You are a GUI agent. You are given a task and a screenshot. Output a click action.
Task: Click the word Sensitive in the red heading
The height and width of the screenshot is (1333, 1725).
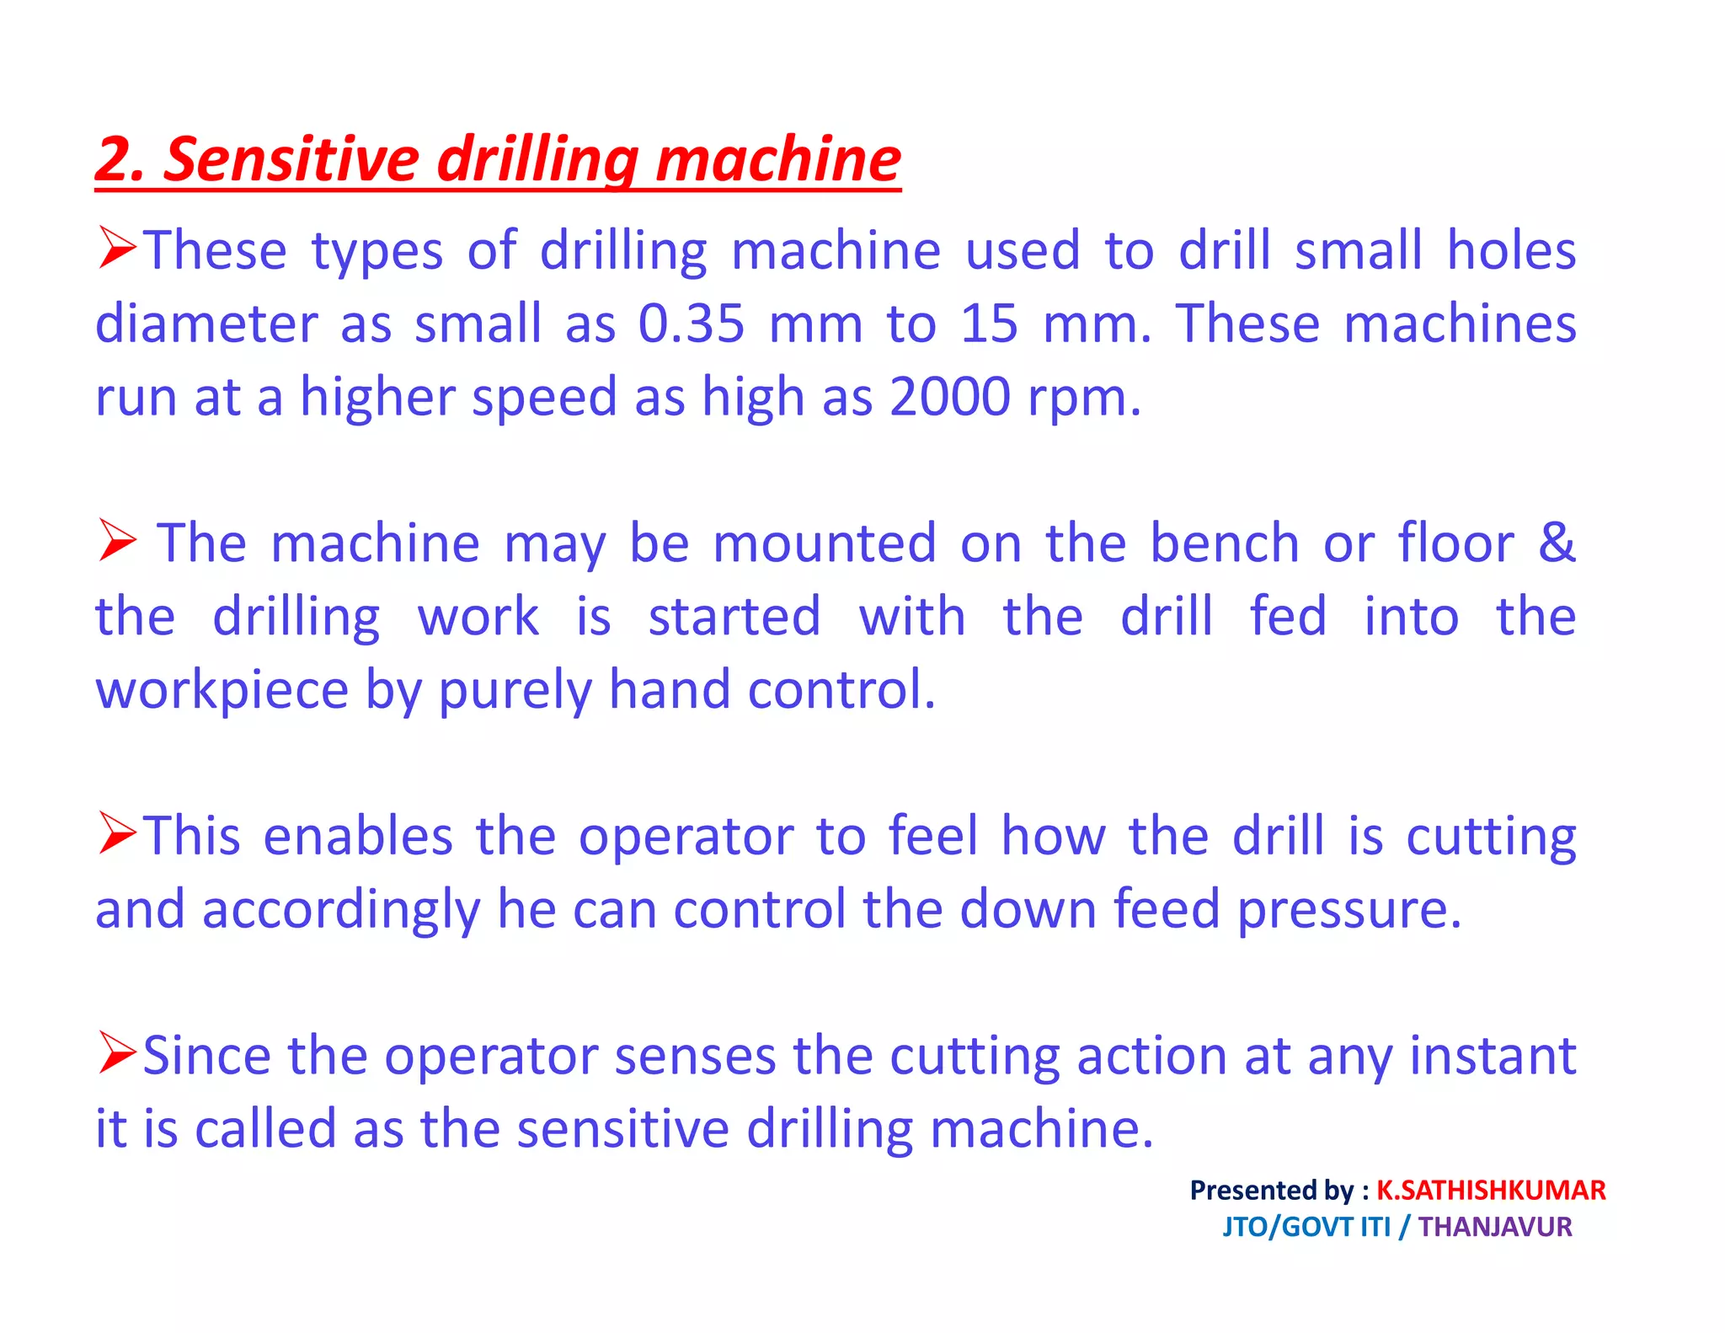coord(291,160)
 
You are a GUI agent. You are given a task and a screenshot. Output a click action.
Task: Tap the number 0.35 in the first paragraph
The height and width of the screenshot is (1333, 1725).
coord(691,324)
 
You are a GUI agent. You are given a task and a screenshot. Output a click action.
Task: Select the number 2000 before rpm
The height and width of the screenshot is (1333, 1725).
coord(949,397)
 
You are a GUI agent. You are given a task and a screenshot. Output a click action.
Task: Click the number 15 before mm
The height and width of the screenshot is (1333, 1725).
coord(989,324)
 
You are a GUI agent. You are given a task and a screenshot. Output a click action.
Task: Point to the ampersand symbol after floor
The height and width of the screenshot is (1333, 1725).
coord(1556,543)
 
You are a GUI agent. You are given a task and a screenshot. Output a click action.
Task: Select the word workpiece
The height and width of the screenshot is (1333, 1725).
coord(222,690)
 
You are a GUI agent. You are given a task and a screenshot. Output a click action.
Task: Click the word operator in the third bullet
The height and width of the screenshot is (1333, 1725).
coord(686,837)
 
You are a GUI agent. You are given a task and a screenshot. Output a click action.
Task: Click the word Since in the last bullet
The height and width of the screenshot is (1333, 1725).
coord(206,1056)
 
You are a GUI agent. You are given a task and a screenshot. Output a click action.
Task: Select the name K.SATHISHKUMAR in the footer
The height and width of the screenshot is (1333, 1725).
coord(1490,1191)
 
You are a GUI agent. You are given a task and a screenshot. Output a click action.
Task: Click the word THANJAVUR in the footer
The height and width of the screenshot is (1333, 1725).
coord(1494,1227)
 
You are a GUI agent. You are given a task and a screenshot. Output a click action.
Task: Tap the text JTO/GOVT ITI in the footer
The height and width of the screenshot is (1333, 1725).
coord(1306,1227)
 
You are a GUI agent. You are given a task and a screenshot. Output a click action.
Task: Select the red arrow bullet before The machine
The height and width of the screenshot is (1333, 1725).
coord(116,540)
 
